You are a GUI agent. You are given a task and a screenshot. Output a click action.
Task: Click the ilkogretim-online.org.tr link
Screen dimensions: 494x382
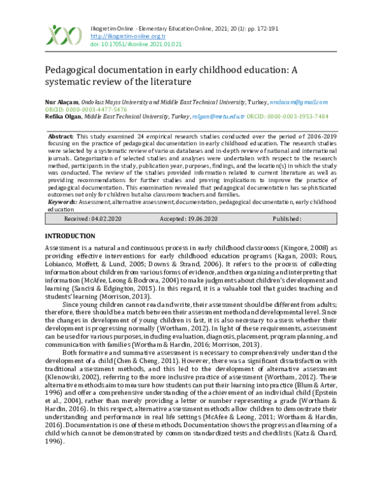coord(121,36)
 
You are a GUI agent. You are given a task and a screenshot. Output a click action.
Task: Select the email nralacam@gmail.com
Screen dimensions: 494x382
coord(299,102)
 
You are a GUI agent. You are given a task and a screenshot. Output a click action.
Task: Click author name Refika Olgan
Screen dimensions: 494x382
coord(62,117)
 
